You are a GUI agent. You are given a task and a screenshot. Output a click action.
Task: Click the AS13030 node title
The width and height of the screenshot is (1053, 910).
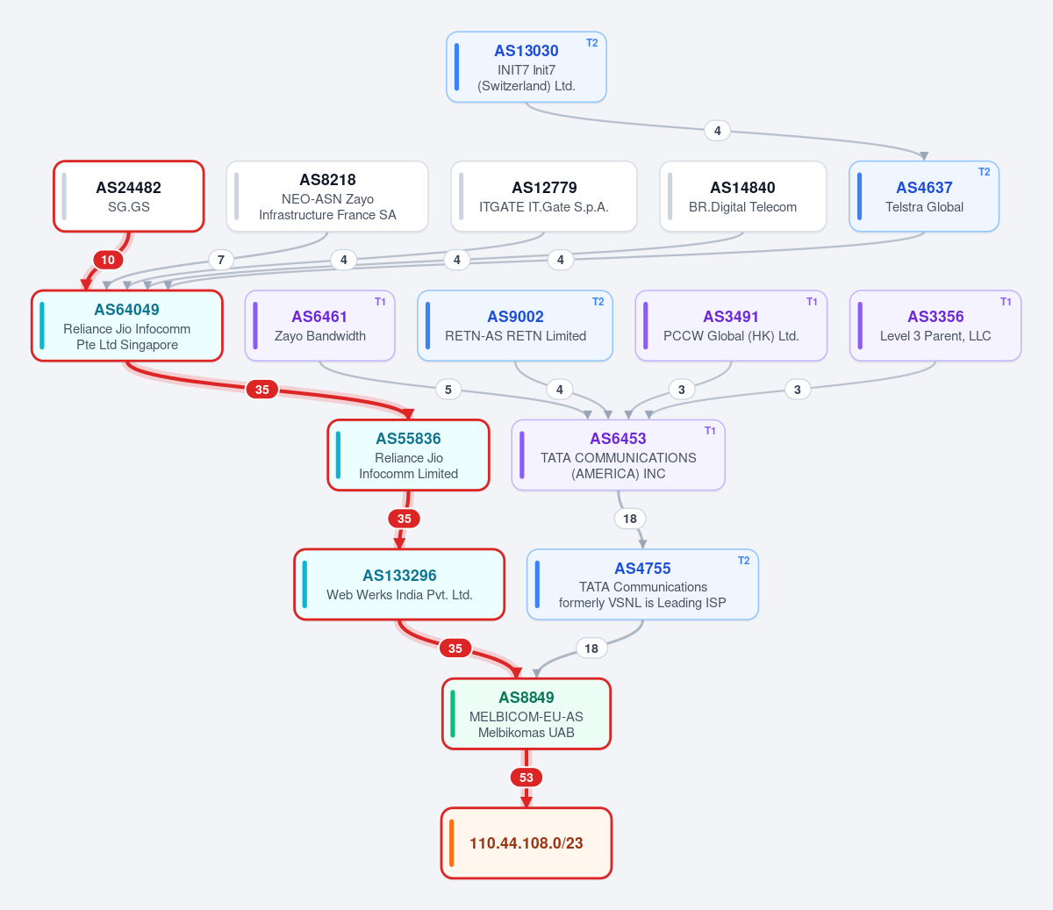click(x=526, y=50)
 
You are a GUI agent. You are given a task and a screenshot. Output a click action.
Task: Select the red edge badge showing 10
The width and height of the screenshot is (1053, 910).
click(x=108, y=260)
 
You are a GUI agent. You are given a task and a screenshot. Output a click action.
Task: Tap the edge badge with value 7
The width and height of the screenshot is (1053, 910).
click(x=220, y=260)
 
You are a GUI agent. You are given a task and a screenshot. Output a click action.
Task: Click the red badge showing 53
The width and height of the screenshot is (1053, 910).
click(x=526, y=777)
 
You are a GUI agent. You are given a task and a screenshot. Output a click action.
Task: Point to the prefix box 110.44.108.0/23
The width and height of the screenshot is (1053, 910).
click(x=526, y=842)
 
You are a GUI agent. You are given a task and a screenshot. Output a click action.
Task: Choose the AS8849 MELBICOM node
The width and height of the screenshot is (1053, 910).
click(x=526, y=713)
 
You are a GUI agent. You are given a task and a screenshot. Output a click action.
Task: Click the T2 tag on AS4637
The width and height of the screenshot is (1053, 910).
click(x=984, y=172)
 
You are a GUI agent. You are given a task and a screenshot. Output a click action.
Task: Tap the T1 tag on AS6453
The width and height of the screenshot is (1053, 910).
click(x=710, y=431)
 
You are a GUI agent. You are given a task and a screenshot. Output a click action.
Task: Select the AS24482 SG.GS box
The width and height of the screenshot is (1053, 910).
click(x=129, y=197)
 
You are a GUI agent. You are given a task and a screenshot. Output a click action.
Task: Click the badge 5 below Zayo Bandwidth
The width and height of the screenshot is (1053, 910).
click(x=448, y=390)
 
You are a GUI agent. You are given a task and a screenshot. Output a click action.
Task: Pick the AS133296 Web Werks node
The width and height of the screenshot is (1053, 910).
click(x=399, y=584)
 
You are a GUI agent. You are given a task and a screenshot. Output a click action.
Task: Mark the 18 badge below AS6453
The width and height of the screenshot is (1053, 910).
click(x=630, y=519)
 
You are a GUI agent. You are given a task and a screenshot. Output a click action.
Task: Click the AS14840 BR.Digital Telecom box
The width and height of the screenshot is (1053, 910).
click(x=742, y=197)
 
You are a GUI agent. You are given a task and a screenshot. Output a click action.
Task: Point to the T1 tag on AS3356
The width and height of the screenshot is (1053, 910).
click(x=1005, y=302)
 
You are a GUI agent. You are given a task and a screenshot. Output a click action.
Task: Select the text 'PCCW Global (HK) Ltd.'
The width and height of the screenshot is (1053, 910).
click(x=731, y=336)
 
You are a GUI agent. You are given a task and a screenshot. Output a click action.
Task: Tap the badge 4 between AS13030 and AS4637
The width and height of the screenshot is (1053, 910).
click(x=717, y=131)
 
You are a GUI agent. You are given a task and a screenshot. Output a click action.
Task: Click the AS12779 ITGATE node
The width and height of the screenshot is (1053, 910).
click(x=544, y=197)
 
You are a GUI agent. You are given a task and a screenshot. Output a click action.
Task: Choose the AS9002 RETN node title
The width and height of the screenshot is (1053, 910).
click(x=515, y=317)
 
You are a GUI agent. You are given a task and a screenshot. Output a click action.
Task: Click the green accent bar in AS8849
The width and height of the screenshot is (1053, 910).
click(x=453, y=713)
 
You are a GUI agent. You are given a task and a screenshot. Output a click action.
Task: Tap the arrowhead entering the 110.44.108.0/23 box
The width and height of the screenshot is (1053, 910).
click(x=526, y=802)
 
